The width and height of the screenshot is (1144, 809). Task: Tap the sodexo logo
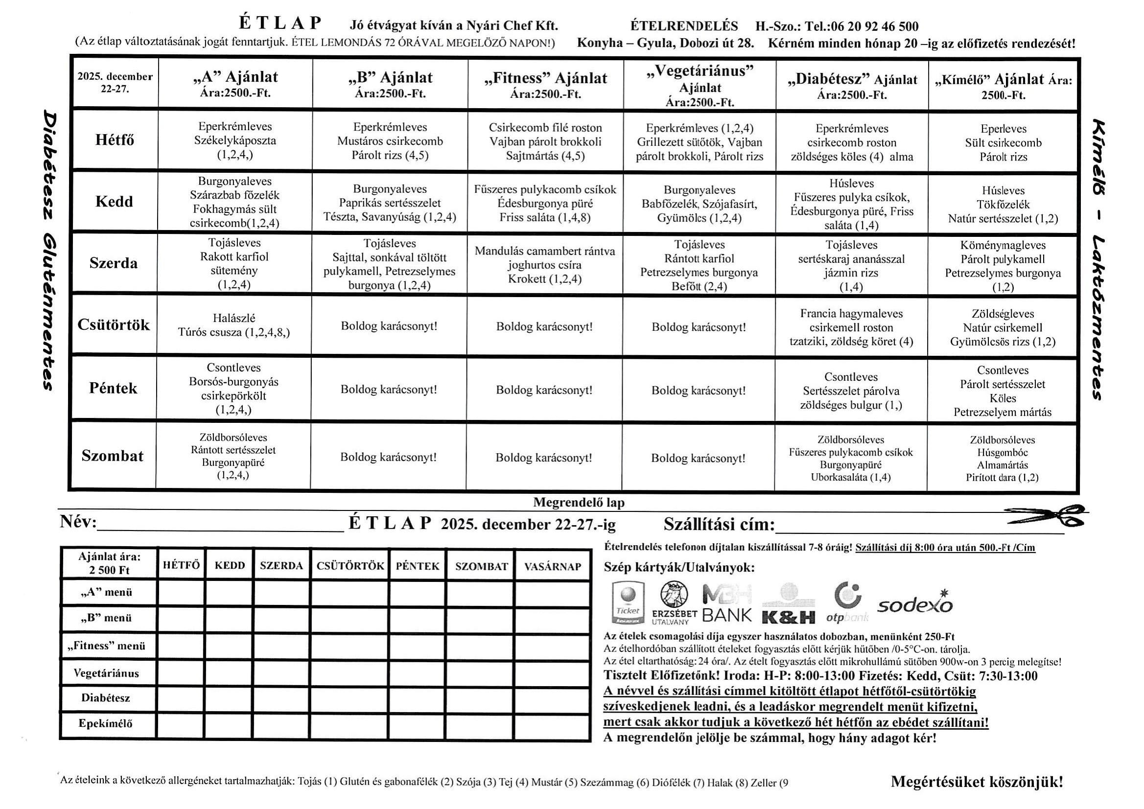click(915, 603)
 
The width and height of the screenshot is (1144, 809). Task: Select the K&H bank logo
click(788, 607)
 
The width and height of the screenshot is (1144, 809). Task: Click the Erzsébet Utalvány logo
click(674, 603)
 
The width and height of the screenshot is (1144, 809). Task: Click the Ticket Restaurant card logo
click(627, 603)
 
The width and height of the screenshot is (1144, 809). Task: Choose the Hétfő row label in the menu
click(115, 139)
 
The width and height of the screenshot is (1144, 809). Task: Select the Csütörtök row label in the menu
click(114, 325)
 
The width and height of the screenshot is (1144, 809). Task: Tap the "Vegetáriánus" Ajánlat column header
click(700, 86)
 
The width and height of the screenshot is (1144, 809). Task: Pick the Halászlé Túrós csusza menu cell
click(233, 325)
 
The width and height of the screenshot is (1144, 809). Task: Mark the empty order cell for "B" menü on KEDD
click(229, 618)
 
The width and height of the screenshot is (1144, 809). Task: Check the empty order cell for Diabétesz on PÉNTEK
click(418, 698)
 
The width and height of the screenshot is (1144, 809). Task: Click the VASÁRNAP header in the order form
click(553, 566)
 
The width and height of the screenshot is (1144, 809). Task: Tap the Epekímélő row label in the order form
click(106, 723)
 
